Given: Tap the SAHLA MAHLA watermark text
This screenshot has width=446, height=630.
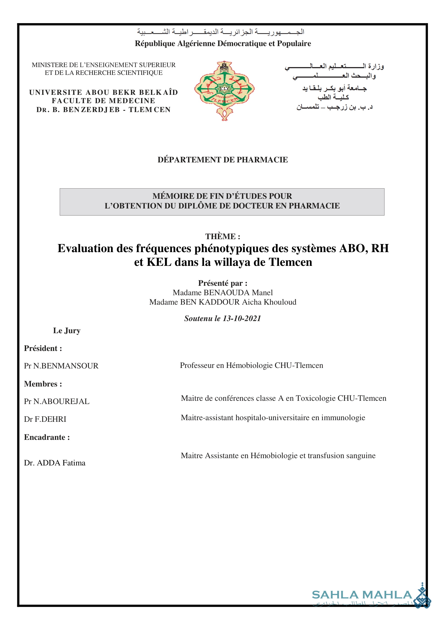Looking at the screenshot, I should (x=362, y=595).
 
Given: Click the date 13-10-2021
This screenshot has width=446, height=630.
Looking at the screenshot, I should (x=242, y=318).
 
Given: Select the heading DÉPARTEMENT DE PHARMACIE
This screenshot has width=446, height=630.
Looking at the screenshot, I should (x=223, y=160).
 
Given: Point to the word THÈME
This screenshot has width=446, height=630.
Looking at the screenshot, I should (x=220, y=236).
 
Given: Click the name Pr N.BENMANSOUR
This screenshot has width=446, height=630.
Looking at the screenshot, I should (x=61, y=366).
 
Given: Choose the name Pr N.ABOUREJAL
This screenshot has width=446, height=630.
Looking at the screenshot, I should (x=57, y=402).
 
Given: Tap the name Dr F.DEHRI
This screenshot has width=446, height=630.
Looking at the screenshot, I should (x=45, y=419).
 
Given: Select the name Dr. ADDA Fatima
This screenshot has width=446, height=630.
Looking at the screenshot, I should (x=55, y=463).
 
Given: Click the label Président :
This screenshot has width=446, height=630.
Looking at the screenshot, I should (x=43, y=348).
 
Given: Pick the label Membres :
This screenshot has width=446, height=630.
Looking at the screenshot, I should (x=43, y=384).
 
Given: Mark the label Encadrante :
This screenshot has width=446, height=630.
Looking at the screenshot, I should (x=47, y=437).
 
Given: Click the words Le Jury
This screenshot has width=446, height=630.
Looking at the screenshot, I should (x=67, y=330).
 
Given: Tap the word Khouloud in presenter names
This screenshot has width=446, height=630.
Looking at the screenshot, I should (x=280, y=302).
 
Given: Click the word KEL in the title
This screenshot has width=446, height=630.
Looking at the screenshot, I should (x=159, y=262).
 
